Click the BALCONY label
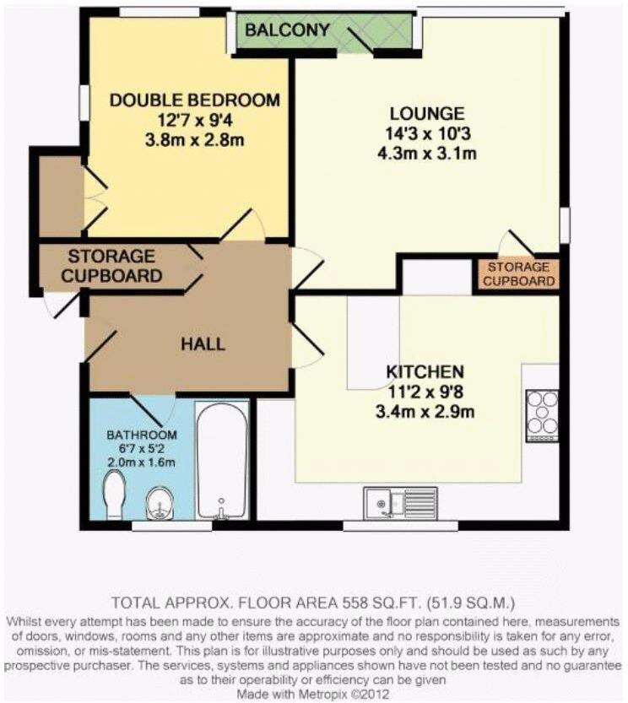click(287, 30)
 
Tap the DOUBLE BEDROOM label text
click(195, 100)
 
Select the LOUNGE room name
click(426, 113)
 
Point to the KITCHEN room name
click(425, 371)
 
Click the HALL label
click(203, 343)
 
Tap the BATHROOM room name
click(141, 435)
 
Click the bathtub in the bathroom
click(222, 460)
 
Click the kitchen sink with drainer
click(398, 503)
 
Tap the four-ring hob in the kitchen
click(541, 414)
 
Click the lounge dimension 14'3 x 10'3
click(426, 133)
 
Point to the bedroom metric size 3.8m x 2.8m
click(195, 140)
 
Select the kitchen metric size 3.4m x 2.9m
click(425, 412)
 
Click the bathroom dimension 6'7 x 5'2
click(141, 448)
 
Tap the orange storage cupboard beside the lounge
click(518, 274)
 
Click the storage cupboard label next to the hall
click(115, 265)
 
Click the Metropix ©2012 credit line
click(313, 691)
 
